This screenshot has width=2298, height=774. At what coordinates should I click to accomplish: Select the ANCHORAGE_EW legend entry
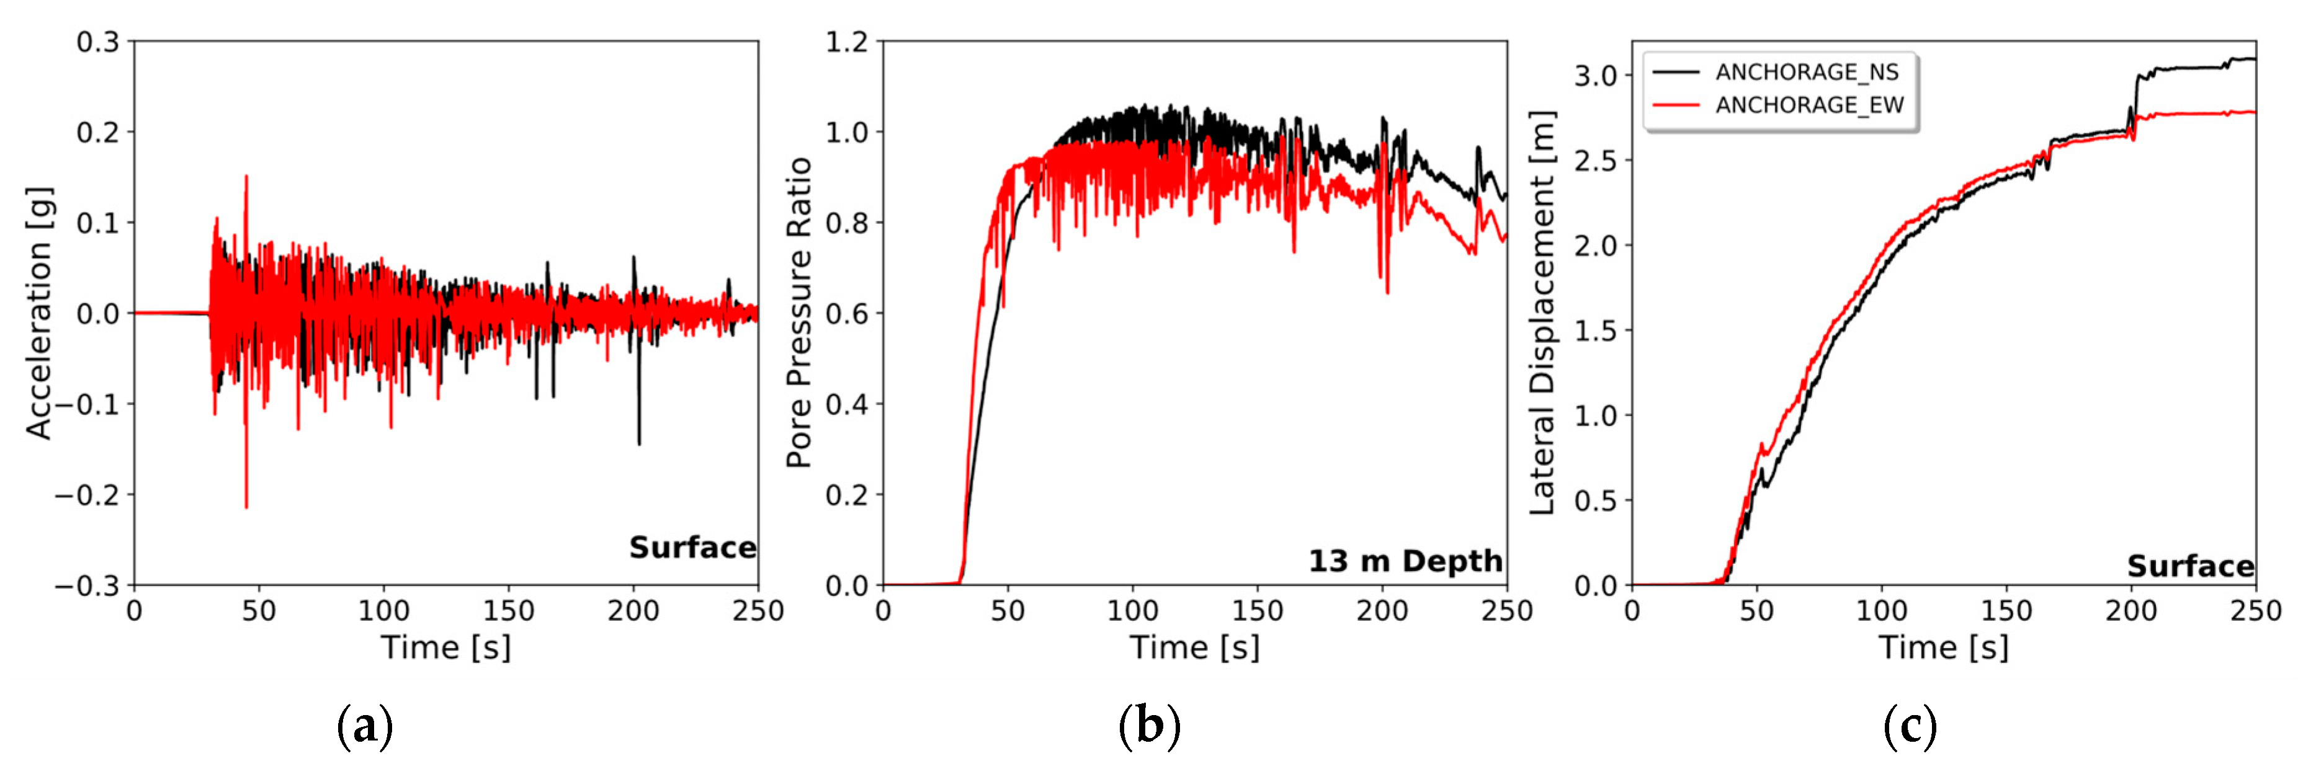pos(1808,105)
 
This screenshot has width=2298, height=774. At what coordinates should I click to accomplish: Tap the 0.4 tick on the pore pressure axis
pos(846,404)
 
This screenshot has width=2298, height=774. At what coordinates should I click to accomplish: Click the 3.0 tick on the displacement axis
pos(1595,76)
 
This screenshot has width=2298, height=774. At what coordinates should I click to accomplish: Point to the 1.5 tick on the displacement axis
pos(1595,331)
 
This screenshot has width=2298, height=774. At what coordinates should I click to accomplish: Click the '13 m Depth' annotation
pos(1405,561)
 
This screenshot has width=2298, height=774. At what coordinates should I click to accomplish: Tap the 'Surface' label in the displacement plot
pos(2190,566)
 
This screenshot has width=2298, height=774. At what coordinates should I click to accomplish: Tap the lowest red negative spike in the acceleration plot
pos(246,507)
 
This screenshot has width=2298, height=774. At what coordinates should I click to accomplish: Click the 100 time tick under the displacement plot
pos(1882,611)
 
